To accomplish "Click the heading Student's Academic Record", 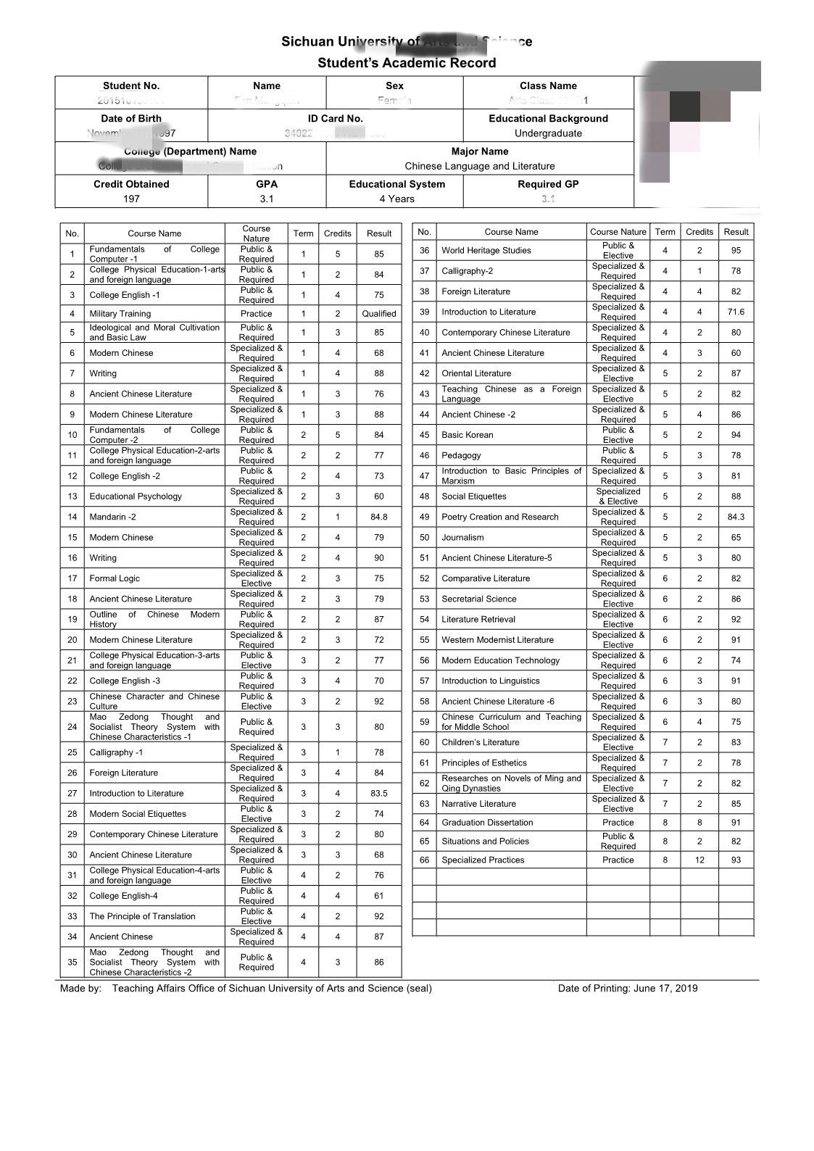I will pos(407,63).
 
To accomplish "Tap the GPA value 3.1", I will pos(267,199).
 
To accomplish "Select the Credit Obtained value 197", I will pos(131,199).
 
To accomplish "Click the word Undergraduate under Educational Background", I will pos(548,133).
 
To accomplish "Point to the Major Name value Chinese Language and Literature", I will pos(480,166).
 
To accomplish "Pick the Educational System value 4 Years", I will pos(396,199).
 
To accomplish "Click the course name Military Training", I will pos(120,314).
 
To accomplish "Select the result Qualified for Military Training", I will pos(379,314).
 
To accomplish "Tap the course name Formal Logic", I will pos(115,578).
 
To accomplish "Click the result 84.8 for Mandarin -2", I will pos(379,517).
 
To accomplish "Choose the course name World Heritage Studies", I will pos(486,251).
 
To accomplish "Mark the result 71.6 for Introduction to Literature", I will pos(736,312).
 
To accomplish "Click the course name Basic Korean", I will pos(468,435).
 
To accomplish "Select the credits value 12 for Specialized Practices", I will pos(699,860).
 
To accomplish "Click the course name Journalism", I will pos(462,538).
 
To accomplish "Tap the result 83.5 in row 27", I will pos(379,794).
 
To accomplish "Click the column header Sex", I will pos(394,86).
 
